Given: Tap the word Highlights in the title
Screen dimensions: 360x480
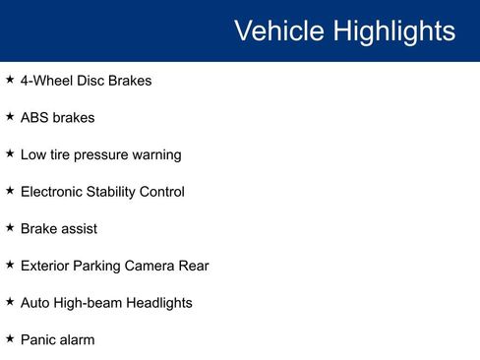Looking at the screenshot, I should click(x=394, y=30).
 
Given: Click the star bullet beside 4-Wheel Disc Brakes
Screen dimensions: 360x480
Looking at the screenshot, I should click(x=10, y=80).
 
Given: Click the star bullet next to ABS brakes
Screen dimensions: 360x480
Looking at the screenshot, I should click(x=10, y=117).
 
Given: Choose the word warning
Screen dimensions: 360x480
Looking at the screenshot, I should click(x=157, y=155).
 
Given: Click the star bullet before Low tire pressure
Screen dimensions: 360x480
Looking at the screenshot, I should click(x=10, y=154).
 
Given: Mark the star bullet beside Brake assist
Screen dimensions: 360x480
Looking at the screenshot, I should click(x=10, y=228).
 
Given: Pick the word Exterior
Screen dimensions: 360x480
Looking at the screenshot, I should click(x=46, y=266).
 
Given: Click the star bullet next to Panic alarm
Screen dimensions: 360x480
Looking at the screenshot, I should click(x=10, y=339).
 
